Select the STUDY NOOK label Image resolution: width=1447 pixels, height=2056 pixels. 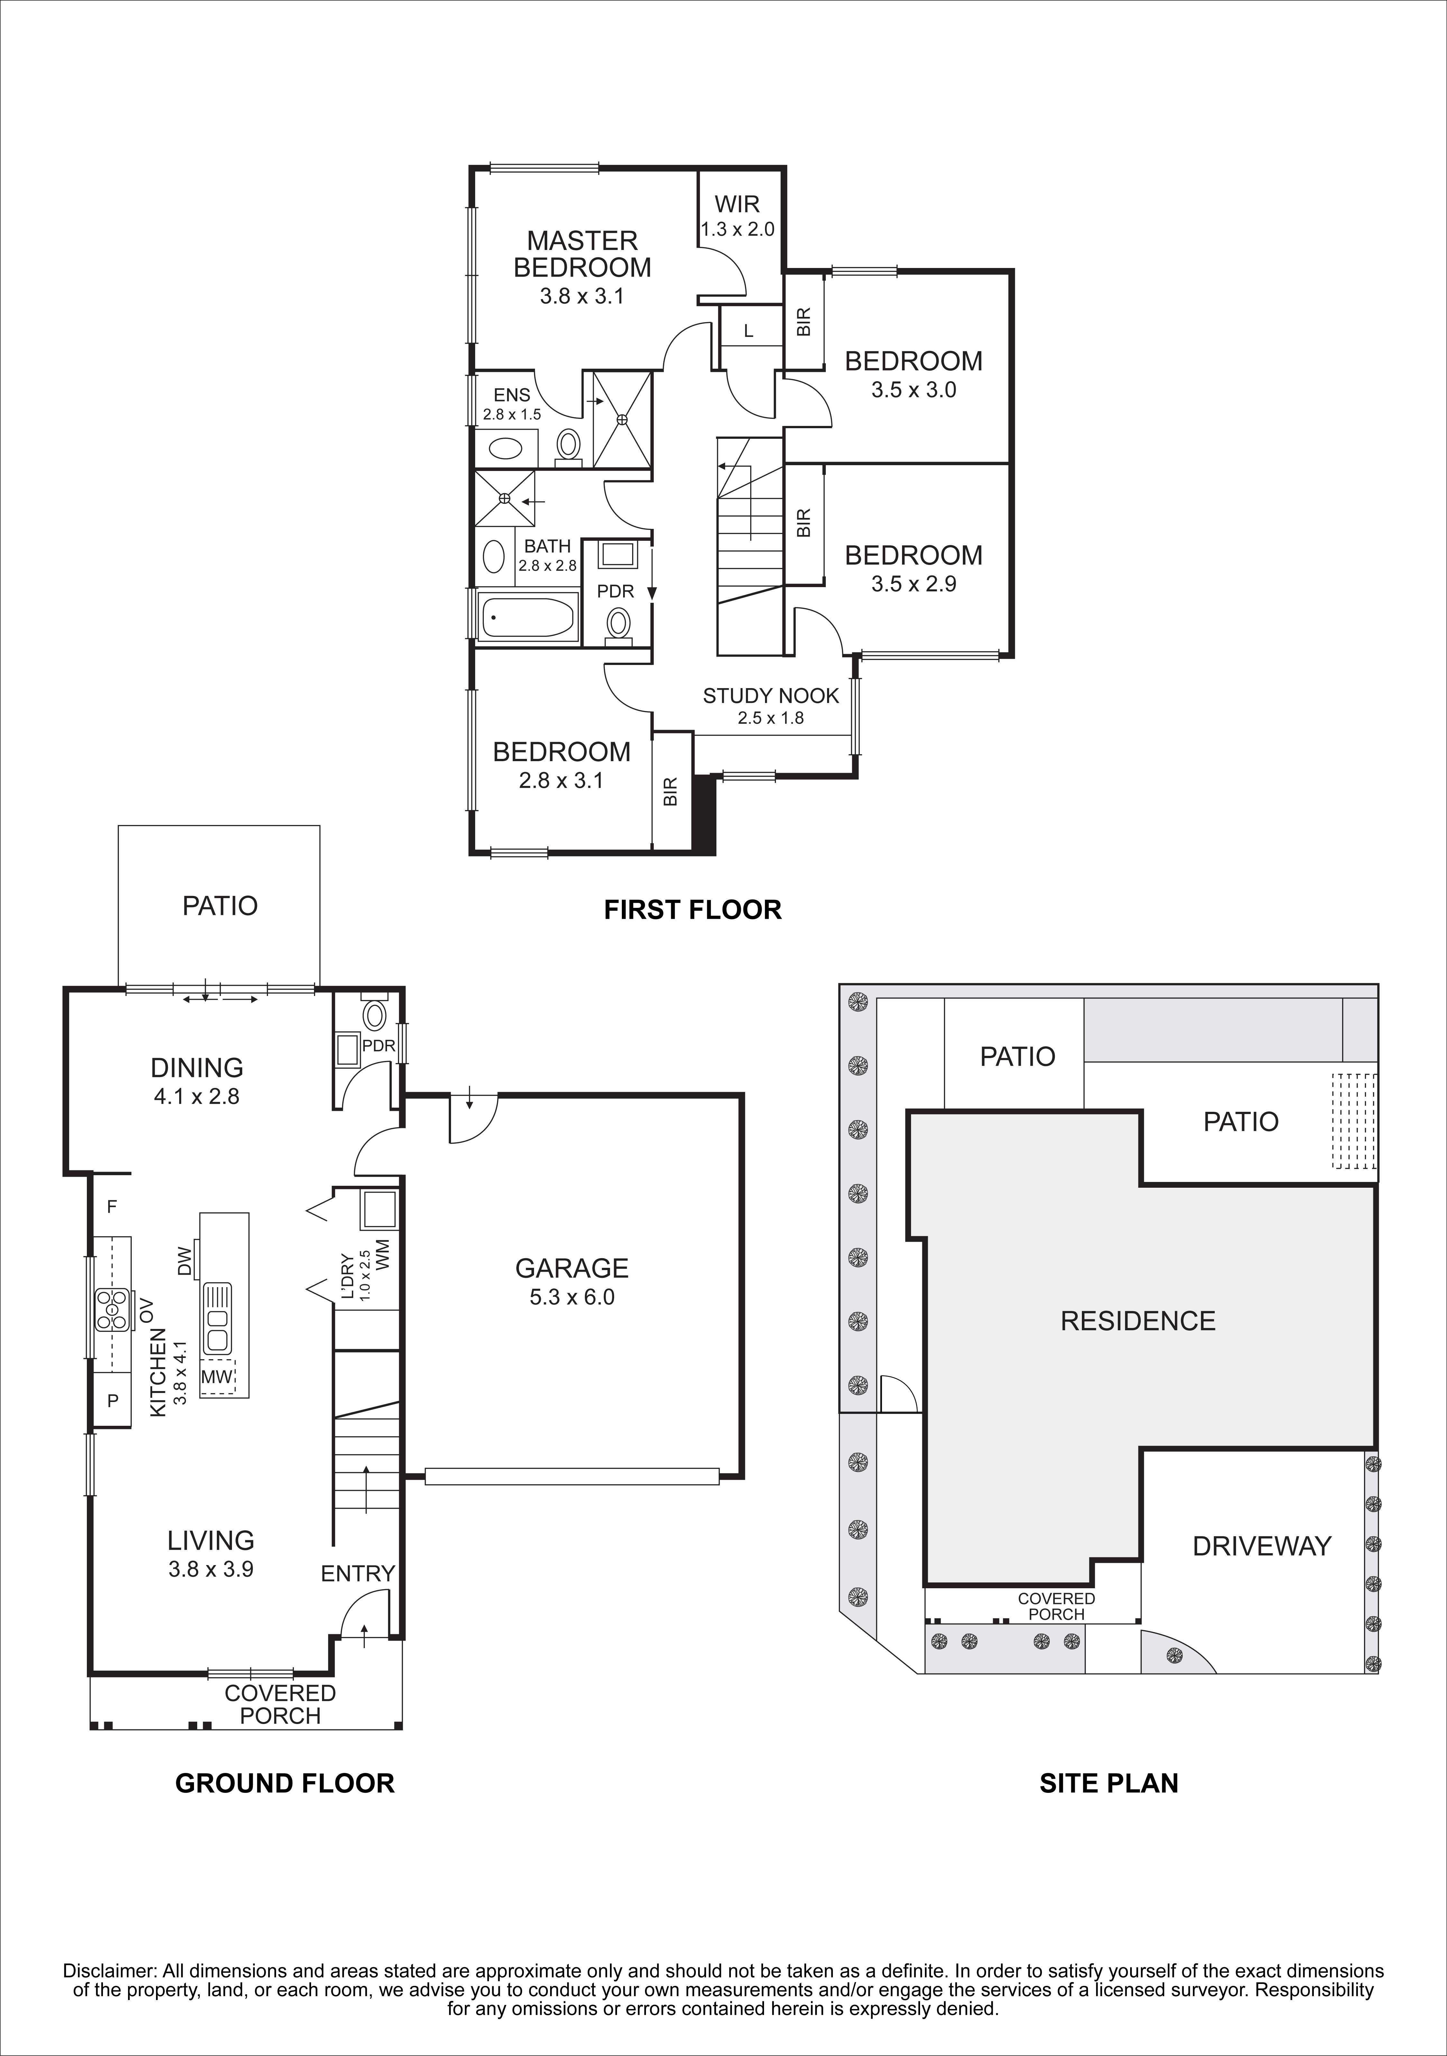[770, 696]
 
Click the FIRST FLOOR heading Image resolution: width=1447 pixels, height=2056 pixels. [692, 910]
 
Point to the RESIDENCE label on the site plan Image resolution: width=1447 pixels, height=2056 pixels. [1137, 1321]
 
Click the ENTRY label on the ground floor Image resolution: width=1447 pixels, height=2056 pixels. [357, 1573]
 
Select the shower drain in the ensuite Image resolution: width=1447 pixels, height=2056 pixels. [622, 419]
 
